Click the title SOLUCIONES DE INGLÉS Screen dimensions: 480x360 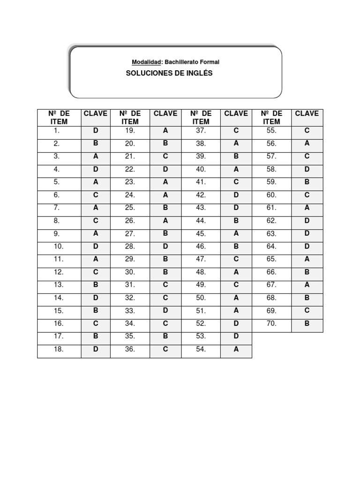[169, 74]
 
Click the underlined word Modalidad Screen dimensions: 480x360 [146, 62]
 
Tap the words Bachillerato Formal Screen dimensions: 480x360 [192, 62]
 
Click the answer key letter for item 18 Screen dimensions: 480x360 [96, 349]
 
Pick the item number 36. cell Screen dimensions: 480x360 [130, 349]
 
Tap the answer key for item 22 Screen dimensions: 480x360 [165, 169]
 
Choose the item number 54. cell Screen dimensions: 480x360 [201, 349]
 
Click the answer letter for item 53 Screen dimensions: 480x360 [236, 336]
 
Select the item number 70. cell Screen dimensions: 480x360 [272, 323]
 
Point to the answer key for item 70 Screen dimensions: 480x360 [307, 323]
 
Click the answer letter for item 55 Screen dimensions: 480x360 [307, 131]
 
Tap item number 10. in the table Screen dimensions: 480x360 [59, 246]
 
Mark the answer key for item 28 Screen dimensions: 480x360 [165, 246]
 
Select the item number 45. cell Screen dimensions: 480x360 [201, 233]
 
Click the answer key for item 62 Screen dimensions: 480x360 [307, 220]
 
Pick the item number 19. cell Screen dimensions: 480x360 [130, 131]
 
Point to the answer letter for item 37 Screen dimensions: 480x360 [236, 131]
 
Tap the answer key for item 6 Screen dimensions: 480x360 [96, 195]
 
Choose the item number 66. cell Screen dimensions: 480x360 [272, 272]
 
